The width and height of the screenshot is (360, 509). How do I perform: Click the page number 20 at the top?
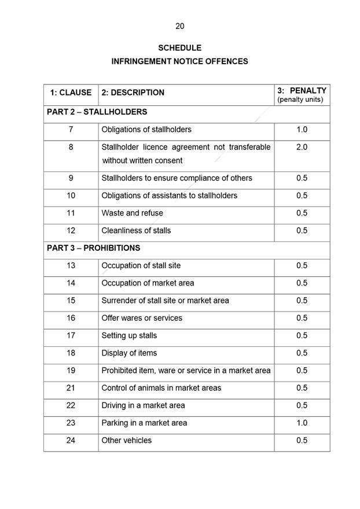click(x=179, y=26)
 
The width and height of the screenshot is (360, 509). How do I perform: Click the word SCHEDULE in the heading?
click(x=179, y=48)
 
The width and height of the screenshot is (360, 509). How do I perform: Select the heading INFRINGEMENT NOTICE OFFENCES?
click(x=179, y=61)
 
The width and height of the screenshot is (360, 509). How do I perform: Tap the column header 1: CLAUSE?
click(x=71, y=93)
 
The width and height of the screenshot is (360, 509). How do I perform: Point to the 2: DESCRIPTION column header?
click(x=133, y=93)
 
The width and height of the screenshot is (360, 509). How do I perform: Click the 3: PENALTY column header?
click(x=302, y=91)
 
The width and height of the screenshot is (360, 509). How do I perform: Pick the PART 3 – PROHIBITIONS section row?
click(x=94, y=248)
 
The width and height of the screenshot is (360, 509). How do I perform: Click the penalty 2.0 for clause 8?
click(x=302, y=147)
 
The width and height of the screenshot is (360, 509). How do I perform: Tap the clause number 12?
click(x=71, y=230)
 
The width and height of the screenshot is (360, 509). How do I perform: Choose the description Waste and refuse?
click(x=132, y=213)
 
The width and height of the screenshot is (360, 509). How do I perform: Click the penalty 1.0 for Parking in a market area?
click(x=302, y=423)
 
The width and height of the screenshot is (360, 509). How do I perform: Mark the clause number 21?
click(x=71, y=388)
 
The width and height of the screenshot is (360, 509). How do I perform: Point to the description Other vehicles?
click(x=126, y=440)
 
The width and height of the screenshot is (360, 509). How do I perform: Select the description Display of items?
click(x=129, y=353)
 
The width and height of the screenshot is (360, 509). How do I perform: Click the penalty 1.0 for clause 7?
click(x=302, y=130)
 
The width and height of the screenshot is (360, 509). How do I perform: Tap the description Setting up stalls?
click(x=129, y=335)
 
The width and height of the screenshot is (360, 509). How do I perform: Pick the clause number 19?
click(x=71, y=371)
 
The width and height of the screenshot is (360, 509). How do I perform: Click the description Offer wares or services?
click(x=142, y=318)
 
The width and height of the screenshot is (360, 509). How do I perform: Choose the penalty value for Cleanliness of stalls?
click(x=302, y=230)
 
